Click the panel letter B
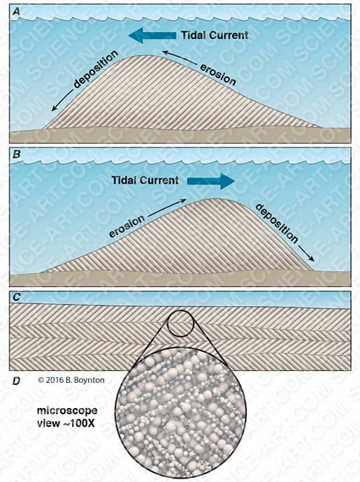point(17,154)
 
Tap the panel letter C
point(17,298)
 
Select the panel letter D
point(17,381)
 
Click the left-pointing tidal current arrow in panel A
point(152,35)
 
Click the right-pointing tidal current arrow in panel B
point(211,181)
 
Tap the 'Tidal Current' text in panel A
point(215,35)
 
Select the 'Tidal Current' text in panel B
point(145,180)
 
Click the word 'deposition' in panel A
point(95,69)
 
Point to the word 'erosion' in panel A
point(218,75)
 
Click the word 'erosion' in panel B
point(127,226)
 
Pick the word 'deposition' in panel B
point(277,223)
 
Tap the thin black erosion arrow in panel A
point(181,57)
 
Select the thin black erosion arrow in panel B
point(166,207)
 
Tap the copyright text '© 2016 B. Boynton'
point(71,380)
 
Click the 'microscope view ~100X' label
point(67,417)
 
